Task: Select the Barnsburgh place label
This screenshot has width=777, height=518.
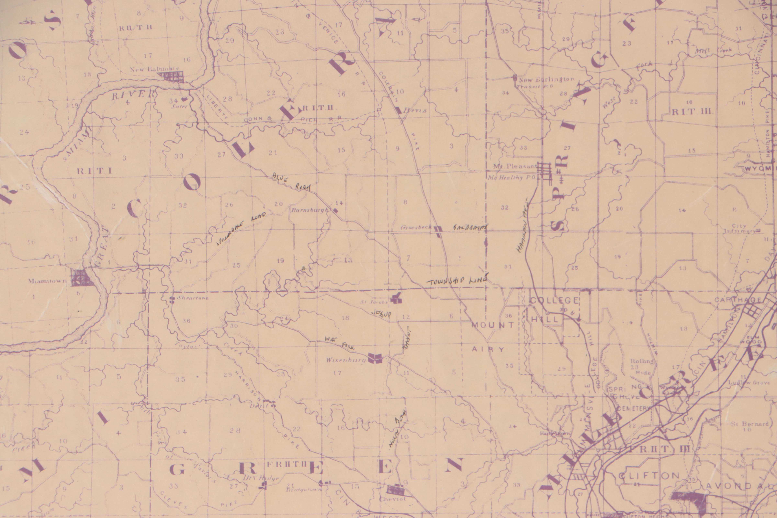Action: click(x=310, y=210)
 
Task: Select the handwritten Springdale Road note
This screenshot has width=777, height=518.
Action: click(x=241, y=229)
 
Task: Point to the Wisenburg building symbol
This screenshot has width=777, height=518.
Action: click(x=375, y=358)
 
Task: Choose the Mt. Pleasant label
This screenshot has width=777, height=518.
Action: click(x=515, y=166)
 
